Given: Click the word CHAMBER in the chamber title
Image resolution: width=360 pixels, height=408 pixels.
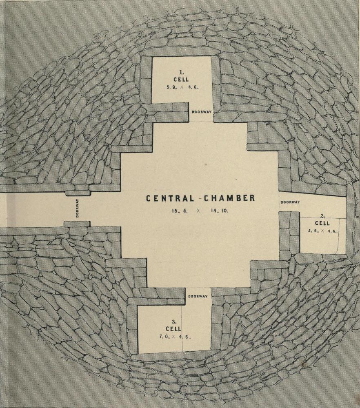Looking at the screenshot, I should [229, 198].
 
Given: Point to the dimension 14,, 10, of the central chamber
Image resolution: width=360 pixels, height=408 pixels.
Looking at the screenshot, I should [220, 211].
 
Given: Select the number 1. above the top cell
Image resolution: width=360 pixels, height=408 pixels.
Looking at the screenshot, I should [181, 72].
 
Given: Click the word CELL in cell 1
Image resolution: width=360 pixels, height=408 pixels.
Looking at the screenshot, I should [181, 80].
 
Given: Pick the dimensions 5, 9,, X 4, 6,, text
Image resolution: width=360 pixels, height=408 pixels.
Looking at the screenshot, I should [181, 87].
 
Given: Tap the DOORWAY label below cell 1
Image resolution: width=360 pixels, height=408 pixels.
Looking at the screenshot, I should [201, 111].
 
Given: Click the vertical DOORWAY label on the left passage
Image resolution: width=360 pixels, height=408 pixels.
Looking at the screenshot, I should [77, 208].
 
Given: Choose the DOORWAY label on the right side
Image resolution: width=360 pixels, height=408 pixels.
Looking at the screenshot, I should [290, 202].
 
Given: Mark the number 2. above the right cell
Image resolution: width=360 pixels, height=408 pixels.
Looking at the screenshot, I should [322, 217].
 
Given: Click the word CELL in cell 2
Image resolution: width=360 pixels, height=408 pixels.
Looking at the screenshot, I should [322, 224].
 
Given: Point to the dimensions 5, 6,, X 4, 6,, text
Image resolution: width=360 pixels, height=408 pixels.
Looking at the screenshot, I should [322, 231].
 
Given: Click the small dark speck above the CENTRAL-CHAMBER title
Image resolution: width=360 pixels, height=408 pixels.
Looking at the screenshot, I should [206, 164].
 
